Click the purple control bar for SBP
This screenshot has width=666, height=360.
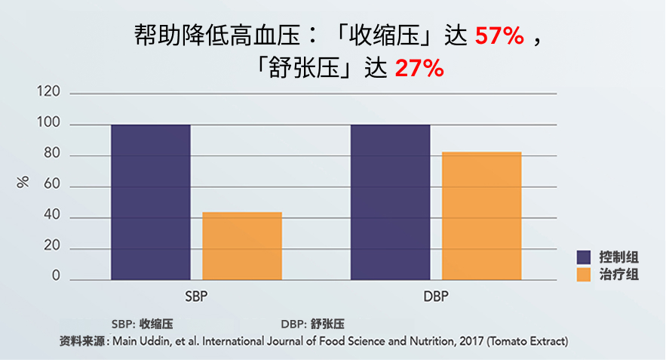[x=151, y=202]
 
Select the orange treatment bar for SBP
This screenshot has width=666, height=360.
[x=242, y=246]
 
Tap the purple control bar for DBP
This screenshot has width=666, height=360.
[x=391, y=202]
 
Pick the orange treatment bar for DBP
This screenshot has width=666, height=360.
[x=482, y=216]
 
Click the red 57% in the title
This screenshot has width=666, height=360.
[x=499, y=35]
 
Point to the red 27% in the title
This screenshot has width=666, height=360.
[x=419, y=69]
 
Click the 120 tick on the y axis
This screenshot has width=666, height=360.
[x=48, y=91]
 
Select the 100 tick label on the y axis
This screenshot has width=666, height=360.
[x=48, y=122]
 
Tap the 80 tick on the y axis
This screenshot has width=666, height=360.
[x=52, y=153]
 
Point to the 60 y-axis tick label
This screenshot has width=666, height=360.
[x=52, y=184]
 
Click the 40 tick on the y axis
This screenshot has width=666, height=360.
[x=52, y=215]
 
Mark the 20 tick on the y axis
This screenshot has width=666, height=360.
[x=52, y=246]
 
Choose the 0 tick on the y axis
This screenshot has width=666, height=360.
[x=56, y=276]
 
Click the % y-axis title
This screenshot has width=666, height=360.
[x=23, y=182]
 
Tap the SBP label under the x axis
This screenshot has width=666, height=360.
[x=196, y=297]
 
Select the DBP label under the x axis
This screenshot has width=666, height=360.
[x=436, y=297]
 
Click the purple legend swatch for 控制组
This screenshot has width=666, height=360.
[x=584, y=257]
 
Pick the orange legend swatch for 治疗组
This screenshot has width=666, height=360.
[x=584, y=275]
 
